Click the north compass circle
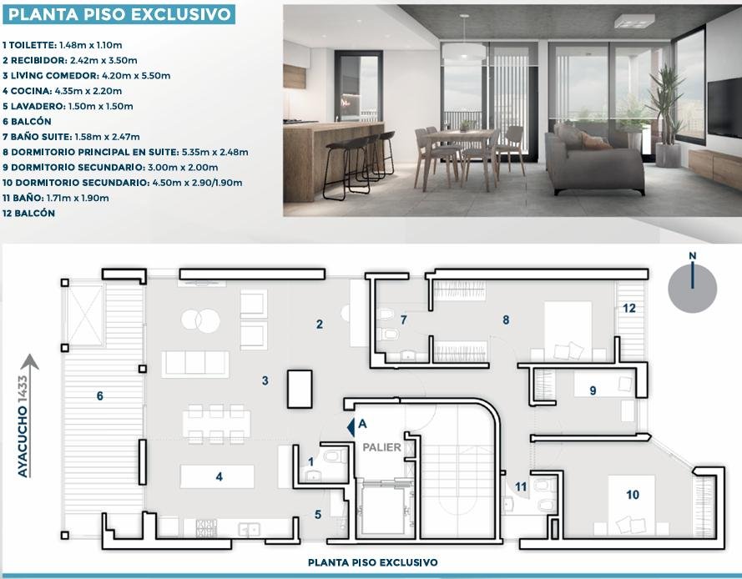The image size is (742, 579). [692, 288]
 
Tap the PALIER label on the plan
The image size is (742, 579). [381, 447]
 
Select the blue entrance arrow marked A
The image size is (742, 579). [351, 426]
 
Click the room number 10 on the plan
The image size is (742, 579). [633, 495]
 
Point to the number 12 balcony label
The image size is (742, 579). [628, 309]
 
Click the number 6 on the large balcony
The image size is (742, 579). [100, 395]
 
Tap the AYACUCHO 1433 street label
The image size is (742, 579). [23, 426]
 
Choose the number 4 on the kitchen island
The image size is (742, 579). [220, 476]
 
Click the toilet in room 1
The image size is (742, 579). [336, 456]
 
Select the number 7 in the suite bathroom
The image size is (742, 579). [403, 320]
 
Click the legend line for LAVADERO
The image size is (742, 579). [68, 106]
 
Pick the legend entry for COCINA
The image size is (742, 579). [62, 91]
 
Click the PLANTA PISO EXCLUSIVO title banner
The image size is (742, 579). [119, 14]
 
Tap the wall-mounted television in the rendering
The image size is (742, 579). [724, 108]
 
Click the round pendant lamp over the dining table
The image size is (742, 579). [464, 51]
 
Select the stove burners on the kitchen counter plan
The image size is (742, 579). [206, 528]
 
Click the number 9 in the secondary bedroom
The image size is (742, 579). [593, 390]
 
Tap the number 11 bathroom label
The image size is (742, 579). [521, 486]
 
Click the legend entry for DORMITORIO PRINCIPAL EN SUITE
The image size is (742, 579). [125, 152]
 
